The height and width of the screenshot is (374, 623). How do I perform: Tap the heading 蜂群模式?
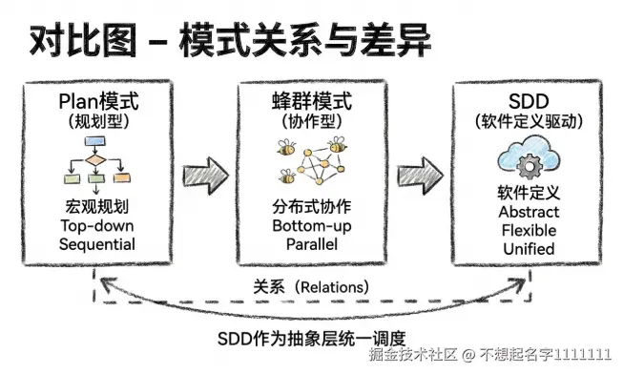pyautogui.click(x=312, y=103)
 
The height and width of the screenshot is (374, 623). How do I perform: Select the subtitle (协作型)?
pyautogui.click(x=312, y=123)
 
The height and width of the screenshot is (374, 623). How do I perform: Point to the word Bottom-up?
pyautogui.click(x=312, y=226)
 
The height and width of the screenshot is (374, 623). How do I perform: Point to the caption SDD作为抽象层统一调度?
pyautogui.click(x=312, y=336)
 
